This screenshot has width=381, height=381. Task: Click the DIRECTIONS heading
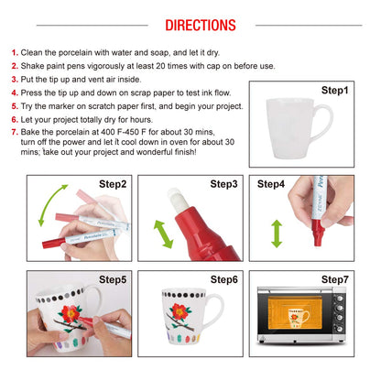[190, 25]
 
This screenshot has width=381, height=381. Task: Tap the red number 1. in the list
[14, 53]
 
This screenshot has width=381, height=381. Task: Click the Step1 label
[334, 91]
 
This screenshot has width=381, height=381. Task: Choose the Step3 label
[223, 184]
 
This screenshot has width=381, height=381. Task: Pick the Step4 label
[271, 184]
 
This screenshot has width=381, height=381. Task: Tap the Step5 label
[112, 278]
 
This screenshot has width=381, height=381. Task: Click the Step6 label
[223, 278]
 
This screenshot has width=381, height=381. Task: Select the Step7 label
[334, 278]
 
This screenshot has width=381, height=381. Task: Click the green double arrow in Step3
[162, 233]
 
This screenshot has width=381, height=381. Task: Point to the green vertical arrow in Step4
[276, 232]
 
